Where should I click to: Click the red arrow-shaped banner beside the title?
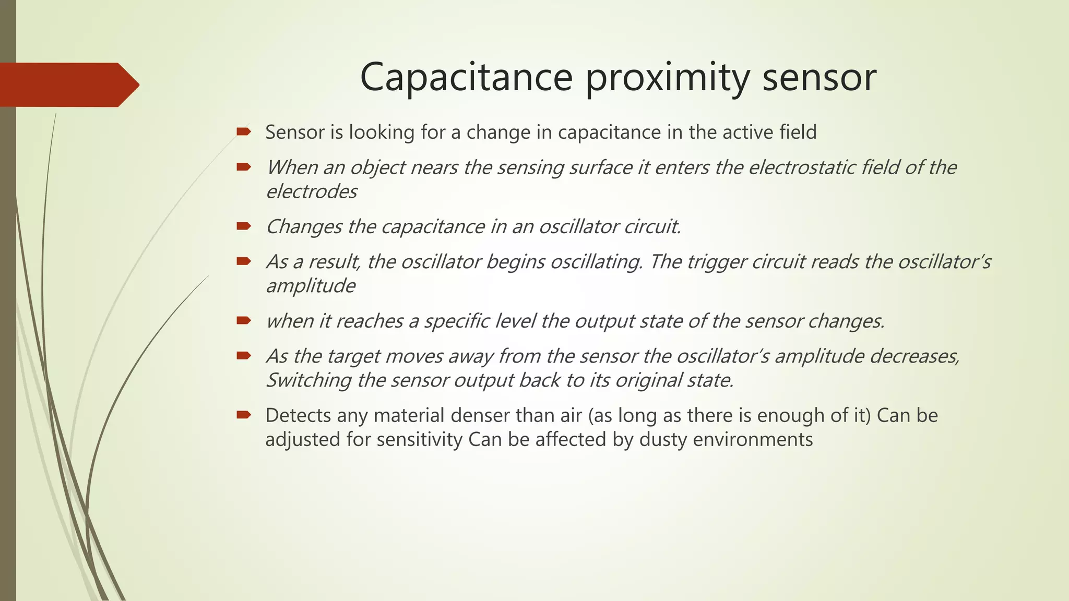click(x=68, y=85)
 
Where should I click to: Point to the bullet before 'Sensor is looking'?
click(x=243, y=131)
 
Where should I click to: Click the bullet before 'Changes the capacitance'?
click(x=243, y=226)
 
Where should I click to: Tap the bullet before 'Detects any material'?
click(x=243, y=415)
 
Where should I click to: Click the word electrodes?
click(x=311, y=191)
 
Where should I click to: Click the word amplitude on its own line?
click(x=311, y=286)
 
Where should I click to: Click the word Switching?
click(x=308, y=380)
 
